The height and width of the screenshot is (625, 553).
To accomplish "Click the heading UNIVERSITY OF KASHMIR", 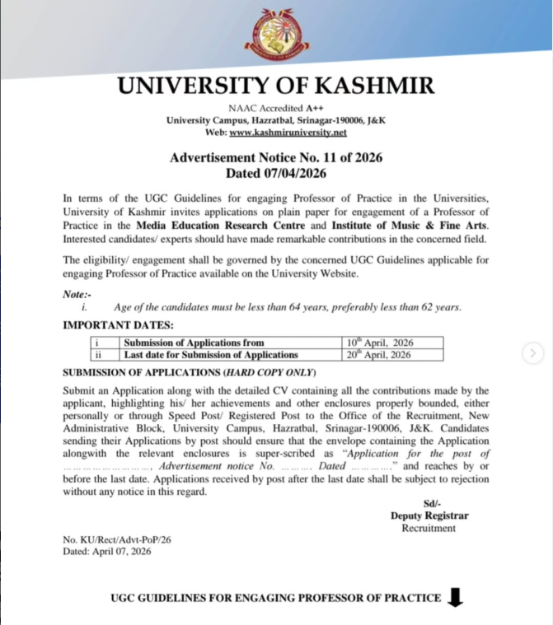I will (276, 86).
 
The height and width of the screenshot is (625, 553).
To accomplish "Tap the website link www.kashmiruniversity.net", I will (288, 132).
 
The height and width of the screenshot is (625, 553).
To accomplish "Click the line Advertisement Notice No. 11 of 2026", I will (276, 158).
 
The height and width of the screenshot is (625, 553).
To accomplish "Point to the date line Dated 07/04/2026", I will (276, 173).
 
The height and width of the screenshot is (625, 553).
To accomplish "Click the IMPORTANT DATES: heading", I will (119, 325).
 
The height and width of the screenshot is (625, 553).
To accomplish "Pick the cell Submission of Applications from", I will (194, 343).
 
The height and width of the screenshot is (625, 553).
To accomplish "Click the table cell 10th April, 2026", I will (381, 343).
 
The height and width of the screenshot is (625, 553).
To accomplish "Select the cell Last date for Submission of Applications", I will (211, 355).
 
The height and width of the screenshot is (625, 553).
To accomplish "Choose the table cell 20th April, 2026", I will (381, 355).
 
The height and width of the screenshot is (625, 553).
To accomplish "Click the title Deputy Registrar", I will (429, 515).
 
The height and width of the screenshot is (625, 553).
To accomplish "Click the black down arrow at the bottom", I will (454, 598).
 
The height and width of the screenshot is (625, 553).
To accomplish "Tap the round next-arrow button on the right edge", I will (533, 353).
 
